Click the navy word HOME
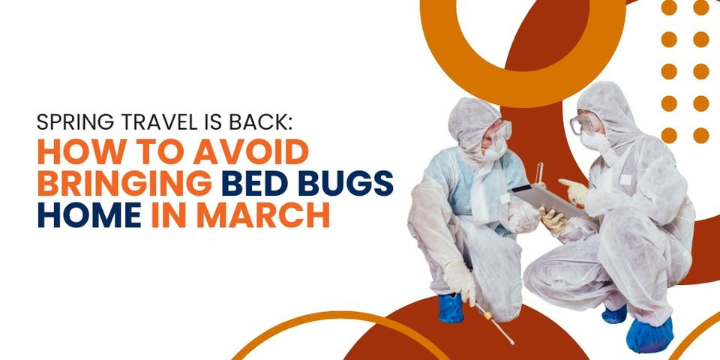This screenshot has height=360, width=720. click(88, 216)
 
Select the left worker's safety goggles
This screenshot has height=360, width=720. click(499, 133)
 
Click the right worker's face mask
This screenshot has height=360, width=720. click(594, 141)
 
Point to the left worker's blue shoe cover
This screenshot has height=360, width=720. click(451, 307)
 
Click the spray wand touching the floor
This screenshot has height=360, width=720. click(496, 323)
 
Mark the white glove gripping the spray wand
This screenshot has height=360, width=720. click(460, 279)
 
